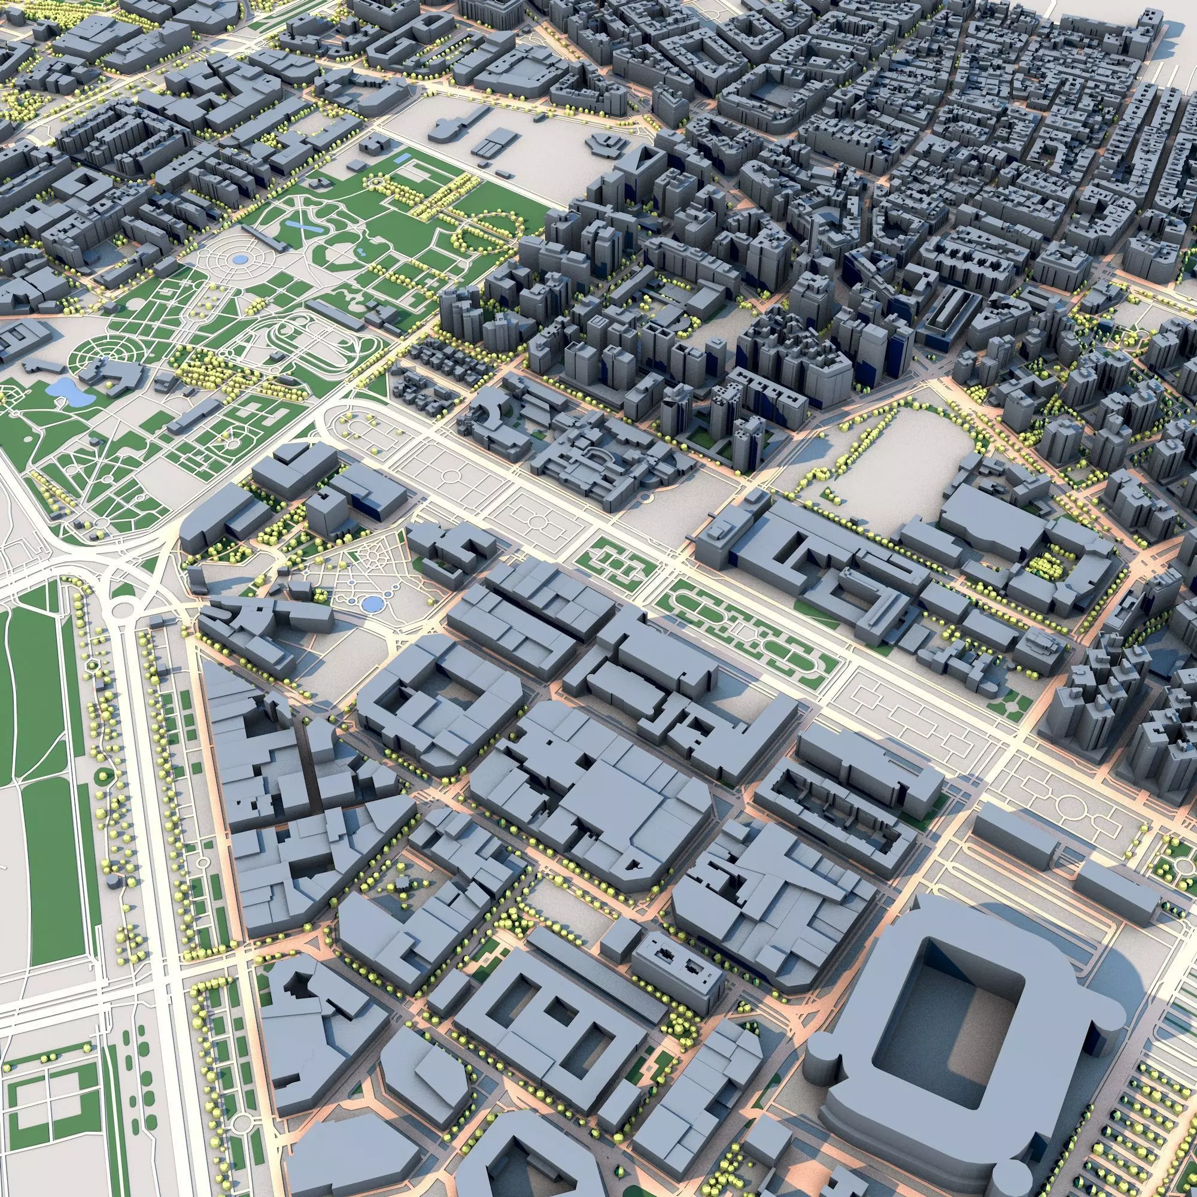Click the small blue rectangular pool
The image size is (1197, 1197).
coord(402,159)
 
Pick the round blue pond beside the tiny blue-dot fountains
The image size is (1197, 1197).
coord(372,603)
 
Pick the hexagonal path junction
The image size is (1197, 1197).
coord(93,664)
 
